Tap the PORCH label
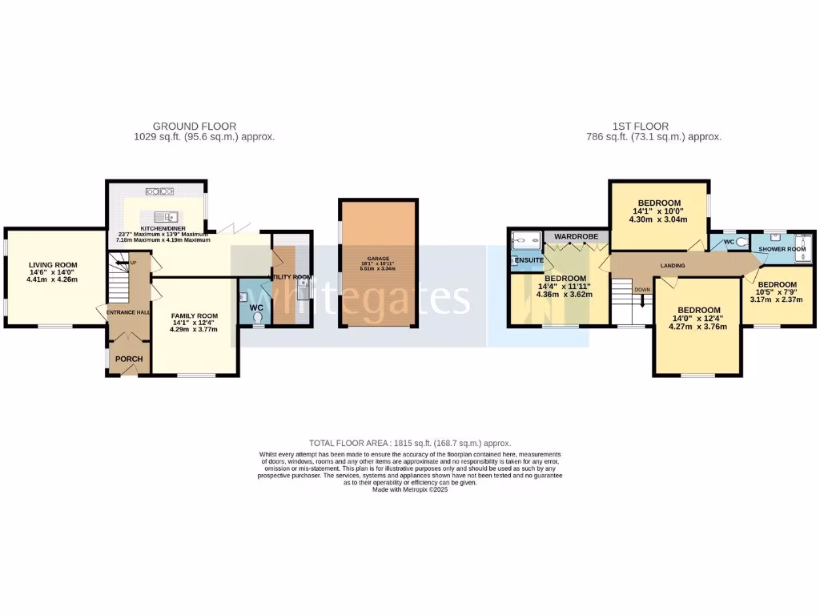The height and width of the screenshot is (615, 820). [128, 359]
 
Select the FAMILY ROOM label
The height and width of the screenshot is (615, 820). [194, 316]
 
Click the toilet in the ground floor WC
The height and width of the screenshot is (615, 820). [258, 317]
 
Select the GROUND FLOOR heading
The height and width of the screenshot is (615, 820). [195, 127]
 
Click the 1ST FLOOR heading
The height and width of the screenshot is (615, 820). [641, 127]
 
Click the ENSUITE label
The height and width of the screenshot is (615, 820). [529, 261]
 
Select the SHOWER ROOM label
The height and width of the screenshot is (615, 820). [782, 249]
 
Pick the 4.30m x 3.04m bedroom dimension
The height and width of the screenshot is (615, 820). [658, 219]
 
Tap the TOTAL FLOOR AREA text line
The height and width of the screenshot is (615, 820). [409, 443]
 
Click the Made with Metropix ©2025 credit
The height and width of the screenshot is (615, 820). [409, 489]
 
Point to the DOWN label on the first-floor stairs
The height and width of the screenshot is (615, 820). [642, 290]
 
